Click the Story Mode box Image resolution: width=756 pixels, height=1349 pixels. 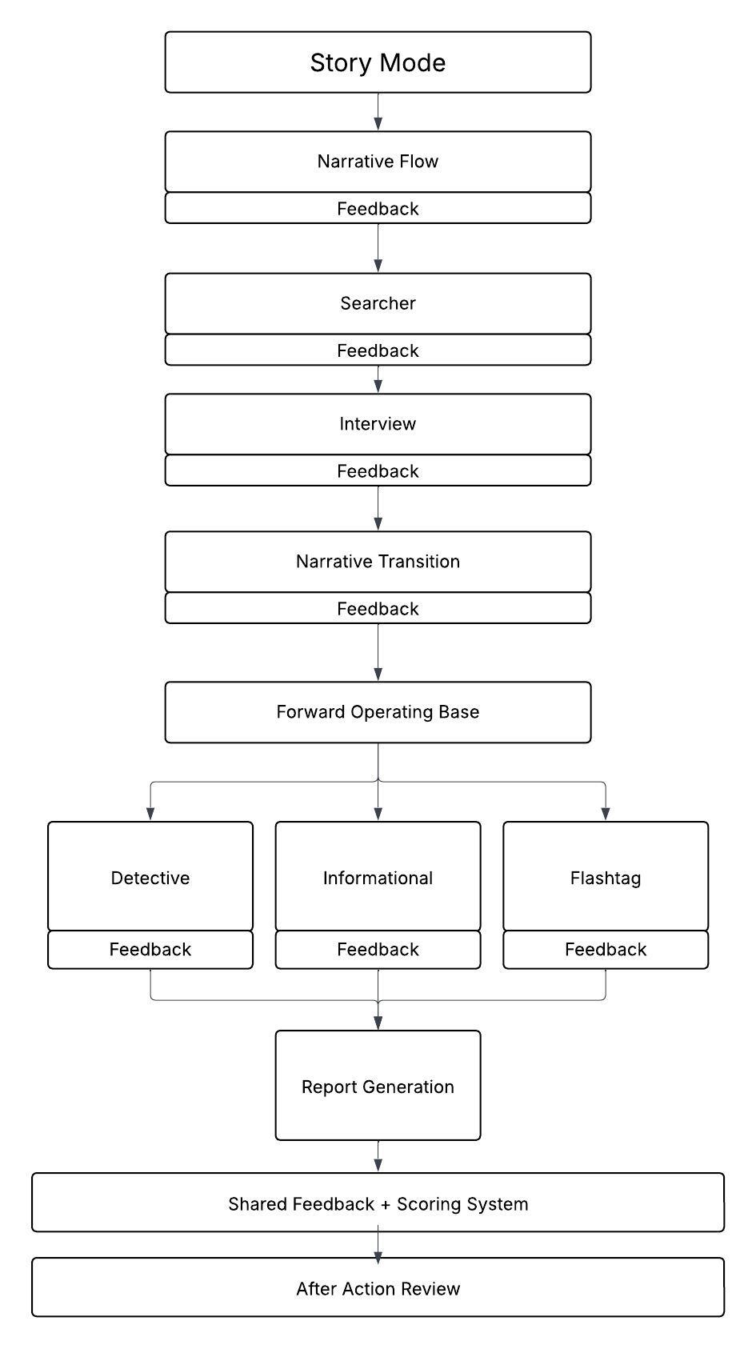(378, 62)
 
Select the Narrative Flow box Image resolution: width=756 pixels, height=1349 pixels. (378, 162)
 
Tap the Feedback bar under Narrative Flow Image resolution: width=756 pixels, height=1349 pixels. (378, 208)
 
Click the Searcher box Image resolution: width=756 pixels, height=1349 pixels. (378, 303)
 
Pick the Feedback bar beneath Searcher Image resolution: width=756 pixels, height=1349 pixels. (378, 350)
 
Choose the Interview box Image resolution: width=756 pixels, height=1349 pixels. (378, 424)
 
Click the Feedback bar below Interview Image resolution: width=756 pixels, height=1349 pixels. (378, 470)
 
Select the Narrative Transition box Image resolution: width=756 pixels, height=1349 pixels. (378, 562)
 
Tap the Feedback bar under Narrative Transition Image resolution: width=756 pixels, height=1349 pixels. (378, 608)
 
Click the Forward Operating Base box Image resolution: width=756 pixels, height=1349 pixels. (378, 712)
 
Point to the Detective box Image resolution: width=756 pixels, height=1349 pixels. (150, 877)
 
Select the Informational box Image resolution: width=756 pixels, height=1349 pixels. (378, 877)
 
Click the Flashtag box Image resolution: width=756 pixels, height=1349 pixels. (606, 877)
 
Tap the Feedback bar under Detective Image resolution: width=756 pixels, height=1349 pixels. (150, 950)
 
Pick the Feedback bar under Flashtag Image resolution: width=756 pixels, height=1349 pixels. (606, 950)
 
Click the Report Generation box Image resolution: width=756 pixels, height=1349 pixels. (378, 1086)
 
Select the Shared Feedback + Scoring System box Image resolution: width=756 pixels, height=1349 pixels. (378, 1203)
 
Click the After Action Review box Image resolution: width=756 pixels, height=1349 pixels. (378, 1287)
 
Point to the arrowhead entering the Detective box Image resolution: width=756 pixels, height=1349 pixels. (150, 814)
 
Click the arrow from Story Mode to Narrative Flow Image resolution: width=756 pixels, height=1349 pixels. (378, 112)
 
